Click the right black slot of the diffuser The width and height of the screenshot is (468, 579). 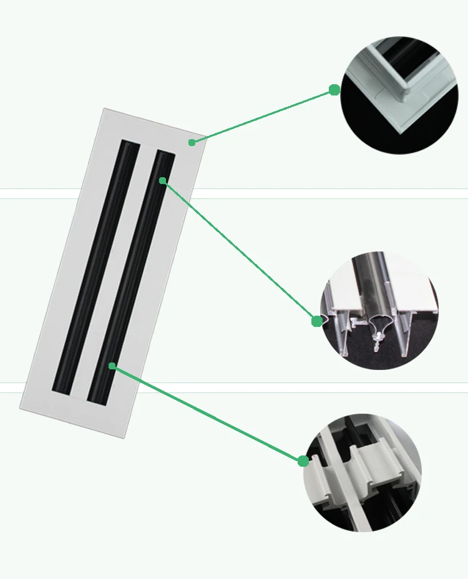[x=131, y=275]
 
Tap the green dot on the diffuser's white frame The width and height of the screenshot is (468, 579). [x=192, y=142]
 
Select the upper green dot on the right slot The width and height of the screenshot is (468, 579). [x=162, y=180]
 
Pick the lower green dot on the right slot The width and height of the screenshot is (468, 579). [x=112, y=366]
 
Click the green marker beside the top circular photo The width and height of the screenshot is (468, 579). [x=334, y=90]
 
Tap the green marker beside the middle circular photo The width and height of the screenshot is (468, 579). [x=317, y=321]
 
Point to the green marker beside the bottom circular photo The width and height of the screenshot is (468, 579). [x=303, y=461]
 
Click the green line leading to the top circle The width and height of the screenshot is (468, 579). [x=262, y=116]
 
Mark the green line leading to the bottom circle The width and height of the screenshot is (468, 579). [x=206, y=413]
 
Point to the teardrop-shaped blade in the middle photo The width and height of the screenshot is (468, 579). [x=380, y=322]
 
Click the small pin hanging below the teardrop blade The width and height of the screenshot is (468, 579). [x=378, y=341]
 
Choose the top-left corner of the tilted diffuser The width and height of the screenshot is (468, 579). [x=104, y=109]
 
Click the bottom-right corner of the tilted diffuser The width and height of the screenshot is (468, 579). [x=124, y=437]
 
